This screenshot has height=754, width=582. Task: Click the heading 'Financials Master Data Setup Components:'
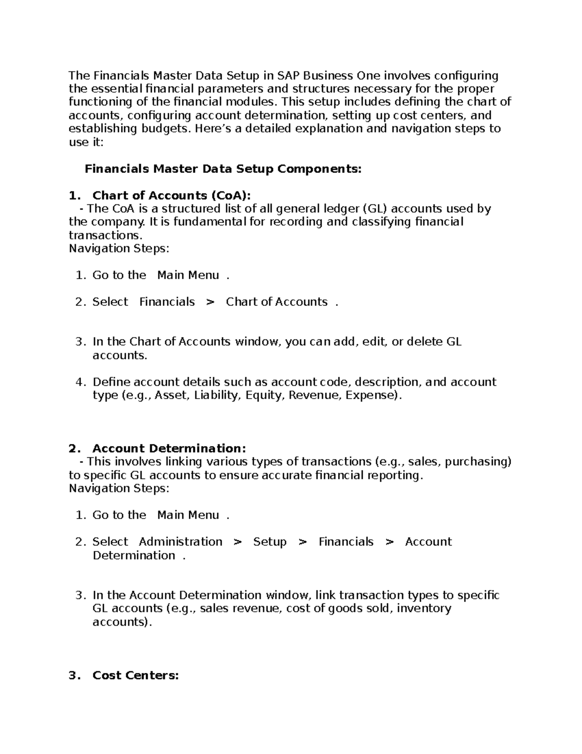223,169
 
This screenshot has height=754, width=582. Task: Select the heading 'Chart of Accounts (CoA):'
172,196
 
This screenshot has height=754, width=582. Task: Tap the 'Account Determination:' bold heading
169,448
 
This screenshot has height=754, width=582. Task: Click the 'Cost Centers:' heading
135,675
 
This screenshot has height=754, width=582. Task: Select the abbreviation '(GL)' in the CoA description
375,209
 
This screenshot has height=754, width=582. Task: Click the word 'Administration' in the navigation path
180,542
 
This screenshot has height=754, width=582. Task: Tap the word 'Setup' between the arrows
270,542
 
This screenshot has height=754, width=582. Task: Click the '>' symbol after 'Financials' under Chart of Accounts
210,302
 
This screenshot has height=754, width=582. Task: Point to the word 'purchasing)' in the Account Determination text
478,461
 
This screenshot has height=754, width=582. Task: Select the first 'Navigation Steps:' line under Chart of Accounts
119,249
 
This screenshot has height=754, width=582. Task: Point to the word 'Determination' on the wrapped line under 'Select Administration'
134,555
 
